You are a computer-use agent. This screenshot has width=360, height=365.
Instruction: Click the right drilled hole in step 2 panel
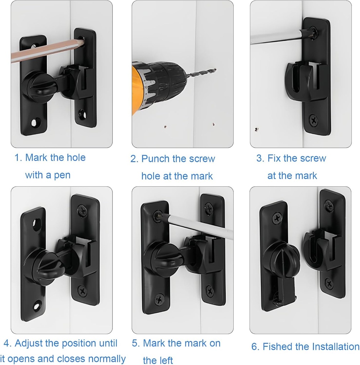pyautogui.click(x=214, y=125)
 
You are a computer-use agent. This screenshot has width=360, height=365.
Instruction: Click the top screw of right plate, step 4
pyautogui.click(x=83, y=211)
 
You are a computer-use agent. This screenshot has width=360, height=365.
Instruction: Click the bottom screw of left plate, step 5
pyautogui.click(x=160, y=298)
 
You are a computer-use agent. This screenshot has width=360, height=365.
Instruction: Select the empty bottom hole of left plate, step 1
pyautogui.click(x=34, y=123)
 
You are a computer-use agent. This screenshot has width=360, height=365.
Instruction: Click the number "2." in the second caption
pyautogui.click(x=134, y=159)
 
